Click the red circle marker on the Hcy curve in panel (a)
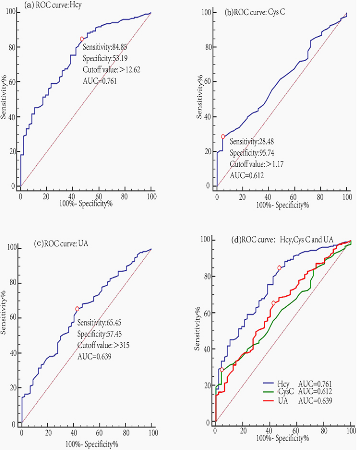point(82,39)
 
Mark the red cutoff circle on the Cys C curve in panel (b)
point(223,136)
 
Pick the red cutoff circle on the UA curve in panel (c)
point(77,309)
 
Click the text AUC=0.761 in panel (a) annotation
point(97,81)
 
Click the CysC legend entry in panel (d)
point(299,391)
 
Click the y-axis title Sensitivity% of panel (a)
point(5,95)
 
